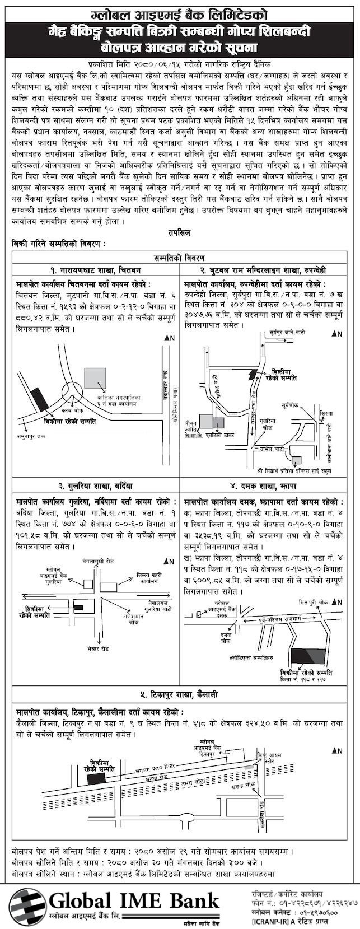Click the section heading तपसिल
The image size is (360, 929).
click(x=179, y=232)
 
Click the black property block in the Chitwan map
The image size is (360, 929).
click(x=40, y=400)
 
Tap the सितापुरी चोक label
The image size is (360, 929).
click(x=314, y=603)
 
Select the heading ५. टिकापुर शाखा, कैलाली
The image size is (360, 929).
click(x=179, y=695)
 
